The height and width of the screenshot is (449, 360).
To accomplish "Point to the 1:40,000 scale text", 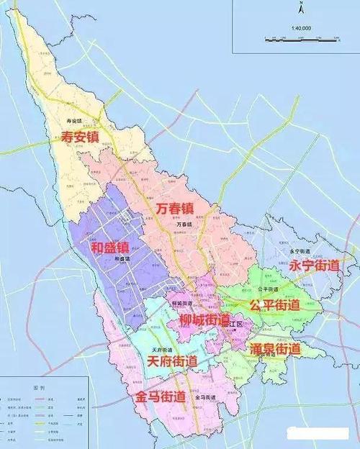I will click(x=301, y=28).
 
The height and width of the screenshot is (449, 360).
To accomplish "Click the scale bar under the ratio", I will click(x=301, y=37).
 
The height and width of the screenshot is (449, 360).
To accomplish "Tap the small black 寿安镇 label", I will click(x=74, y=121).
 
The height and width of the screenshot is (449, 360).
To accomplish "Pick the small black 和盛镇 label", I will click(x=122, y=258).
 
